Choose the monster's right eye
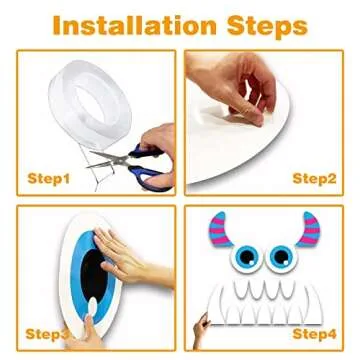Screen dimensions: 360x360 282,258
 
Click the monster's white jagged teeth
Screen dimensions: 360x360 264,300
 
